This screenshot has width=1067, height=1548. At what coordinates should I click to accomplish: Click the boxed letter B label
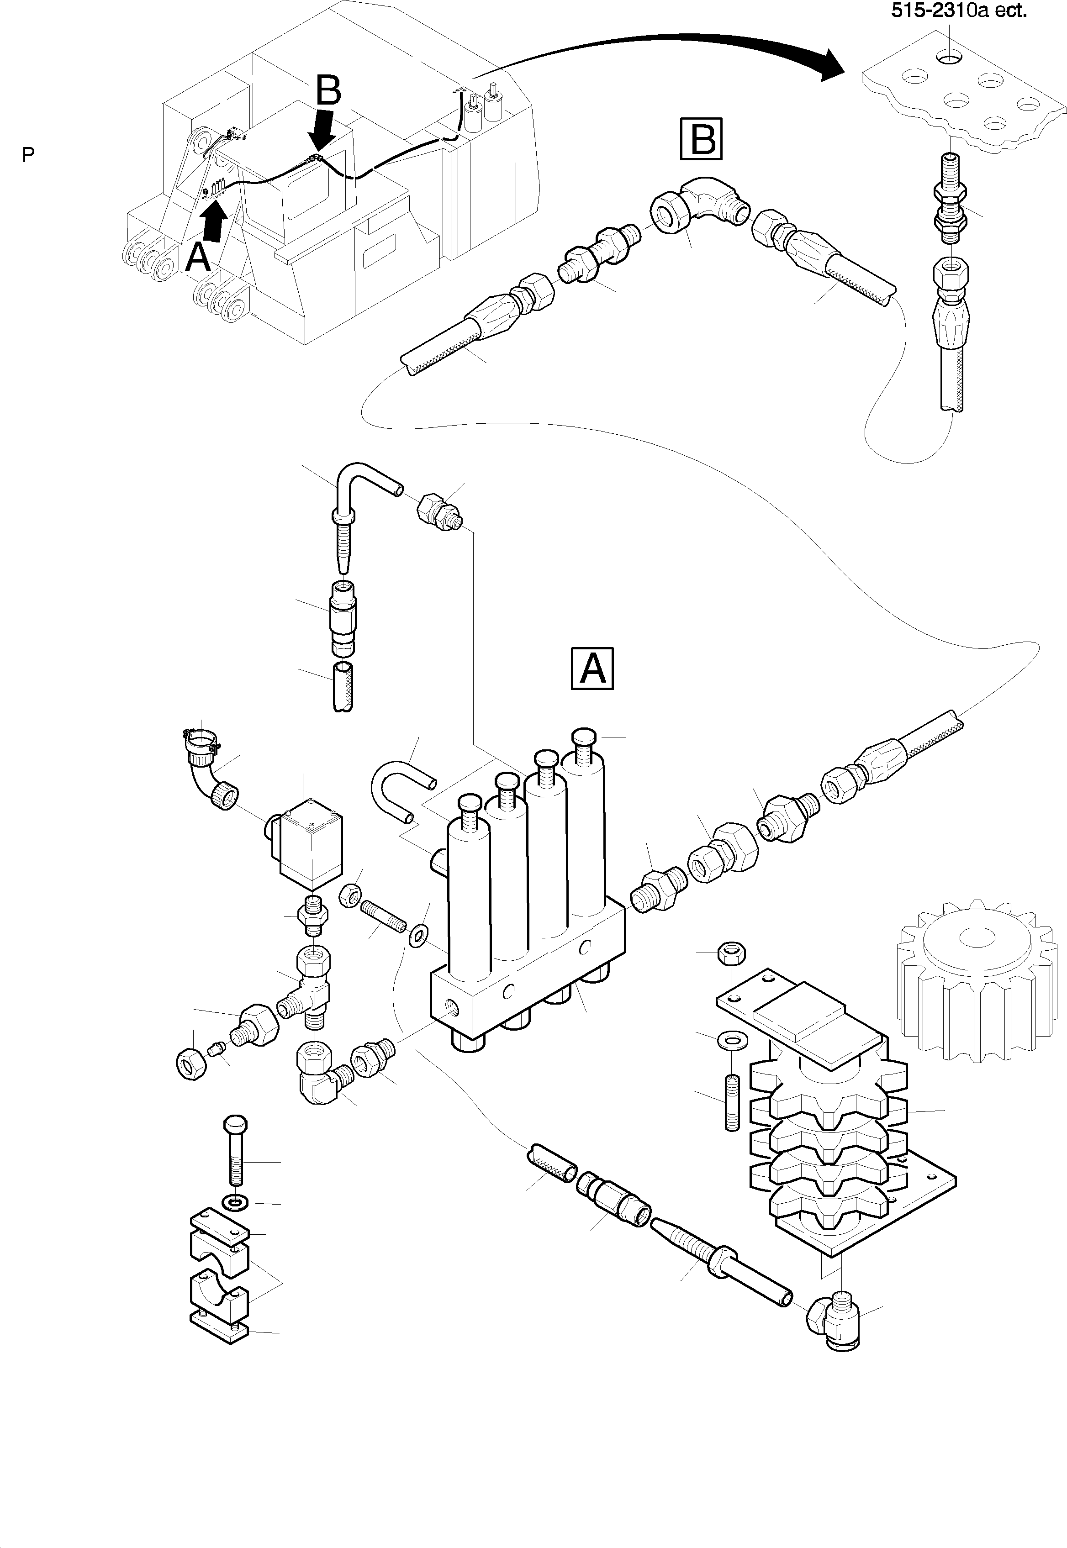701,139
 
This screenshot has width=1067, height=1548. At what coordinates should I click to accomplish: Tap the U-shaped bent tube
395,788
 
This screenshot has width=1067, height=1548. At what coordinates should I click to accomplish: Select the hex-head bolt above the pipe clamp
235,1150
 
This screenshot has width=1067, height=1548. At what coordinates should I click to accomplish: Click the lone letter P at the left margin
27,155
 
